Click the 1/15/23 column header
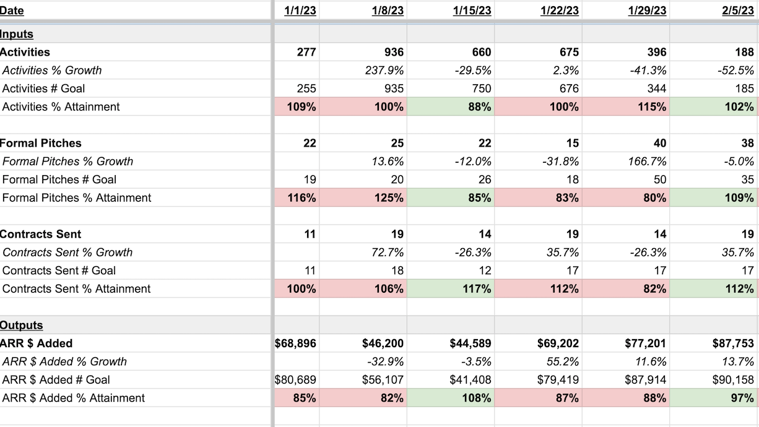click(472, 11)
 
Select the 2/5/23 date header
click(738, 11)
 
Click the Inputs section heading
click(17, 34)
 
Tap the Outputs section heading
click(22, 326)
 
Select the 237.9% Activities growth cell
click(384, 71)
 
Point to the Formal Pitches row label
click(41, 143)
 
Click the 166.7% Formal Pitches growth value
click(648, 162)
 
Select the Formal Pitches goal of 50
click(660, 179)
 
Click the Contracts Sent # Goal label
click(59, 270)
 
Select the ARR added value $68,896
click(295, 343)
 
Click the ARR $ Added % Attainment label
click(74, 398)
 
